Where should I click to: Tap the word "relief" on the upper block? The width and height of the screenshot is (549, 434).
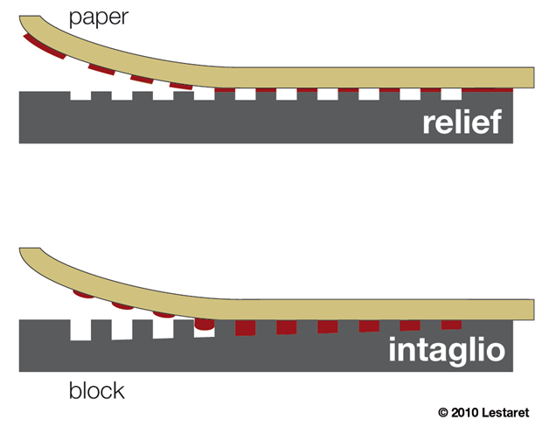462,123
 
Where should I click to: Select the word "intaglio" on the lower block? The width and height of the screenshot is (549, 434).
447,352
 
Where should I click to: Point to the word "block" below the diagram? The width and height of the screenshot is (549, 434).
97,390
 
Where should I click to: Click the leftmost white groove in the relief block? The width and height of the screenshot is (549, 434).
80,95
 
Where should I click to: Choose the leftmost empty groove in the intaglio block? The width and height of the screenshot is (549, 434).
80,330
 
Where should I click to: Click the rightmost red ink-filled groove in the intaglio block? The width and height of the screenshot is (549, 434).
451,325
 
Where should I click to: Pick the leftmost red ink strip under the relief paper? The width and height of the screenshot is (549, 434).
33,41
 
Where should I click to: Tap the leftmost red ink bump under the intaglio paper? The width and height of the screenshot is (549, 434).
84,296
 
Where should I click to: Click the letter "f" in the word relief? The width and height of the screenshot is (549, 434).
496,122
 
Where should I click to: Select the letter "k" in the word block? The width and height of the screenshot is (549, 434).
117,390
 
